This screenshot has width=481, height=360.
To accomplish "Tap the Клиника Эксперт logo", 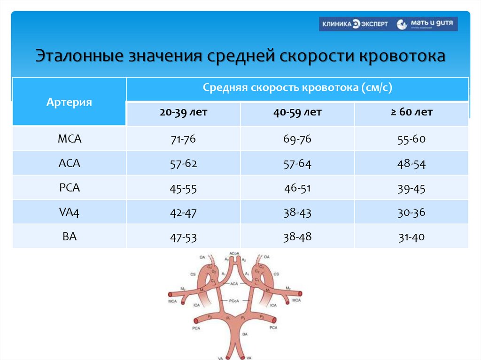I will point(355,24).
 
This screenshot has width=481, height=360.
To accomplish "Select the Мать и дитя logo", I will point(426,24).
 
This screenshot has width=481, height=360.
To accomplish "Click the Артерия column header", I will point(69,102).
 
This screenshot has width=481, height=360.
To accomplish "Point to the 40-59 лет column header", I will point(297,113).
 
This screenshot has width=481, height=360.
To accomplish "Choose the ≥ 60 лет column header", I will point(411,113).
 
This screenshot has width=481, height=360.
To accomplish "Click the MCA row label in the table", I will point(69,139).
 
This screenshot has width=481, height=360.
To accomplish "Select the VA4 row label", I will point(69,212).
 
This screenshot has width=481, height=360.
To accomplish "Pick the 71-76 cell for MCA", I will point(183,139).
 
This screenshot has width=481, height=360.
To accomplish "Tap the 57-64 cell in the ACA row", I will point(297,164).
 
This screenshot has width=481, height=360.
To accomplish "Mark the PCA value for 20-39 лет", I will point(183,189).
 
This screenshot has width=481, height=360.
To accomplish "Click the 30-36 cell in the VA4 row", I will point(411,213).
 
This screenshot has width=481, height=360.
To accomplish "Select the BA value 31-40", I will point(411,237).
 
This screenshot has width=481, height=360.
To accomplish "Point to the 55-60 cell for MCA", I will point(411,139).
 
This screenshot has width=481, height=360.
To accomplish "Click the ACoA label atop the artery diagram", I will point(234,253).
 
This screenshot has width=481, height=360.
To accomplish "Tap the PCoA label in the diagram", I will point(234,300).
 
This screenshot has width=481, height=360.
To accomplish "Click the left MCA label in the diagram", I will point(172,300).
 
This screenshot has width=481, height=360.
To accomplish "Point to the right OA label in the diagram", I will point(266,257).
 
